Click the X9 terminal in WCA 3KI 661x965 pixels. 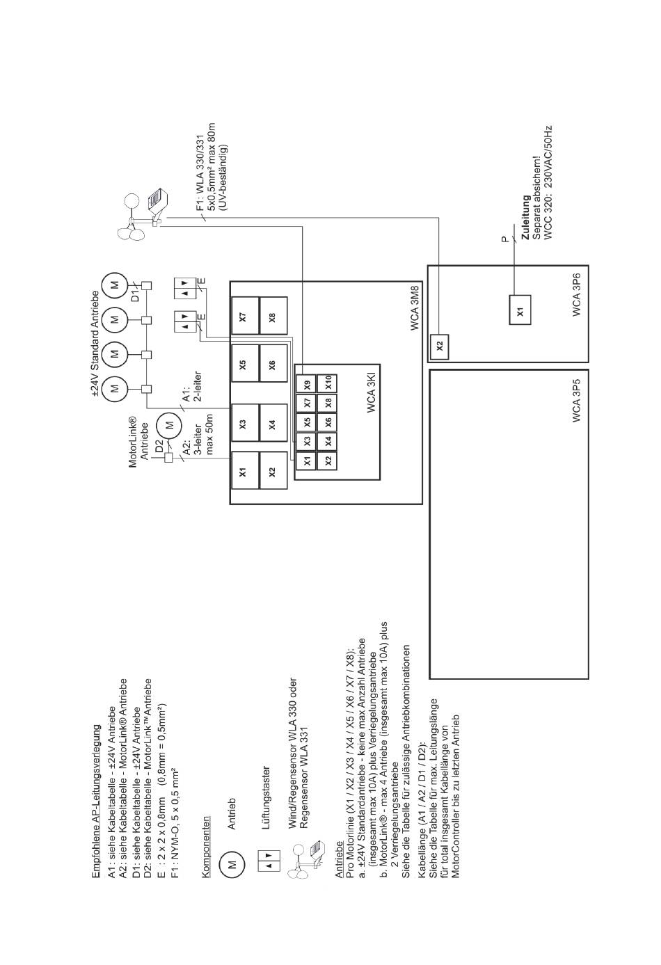(306, 384)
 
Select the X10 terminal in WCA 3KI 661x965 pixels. (327, 384)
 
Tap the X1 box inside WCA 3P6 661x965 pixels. (520, 310)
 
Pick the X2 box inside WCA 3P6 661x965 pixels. (440, 346)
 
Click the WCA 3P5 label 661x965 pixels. (577, 401)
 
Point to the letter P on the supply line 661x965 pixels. (505, 239)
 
